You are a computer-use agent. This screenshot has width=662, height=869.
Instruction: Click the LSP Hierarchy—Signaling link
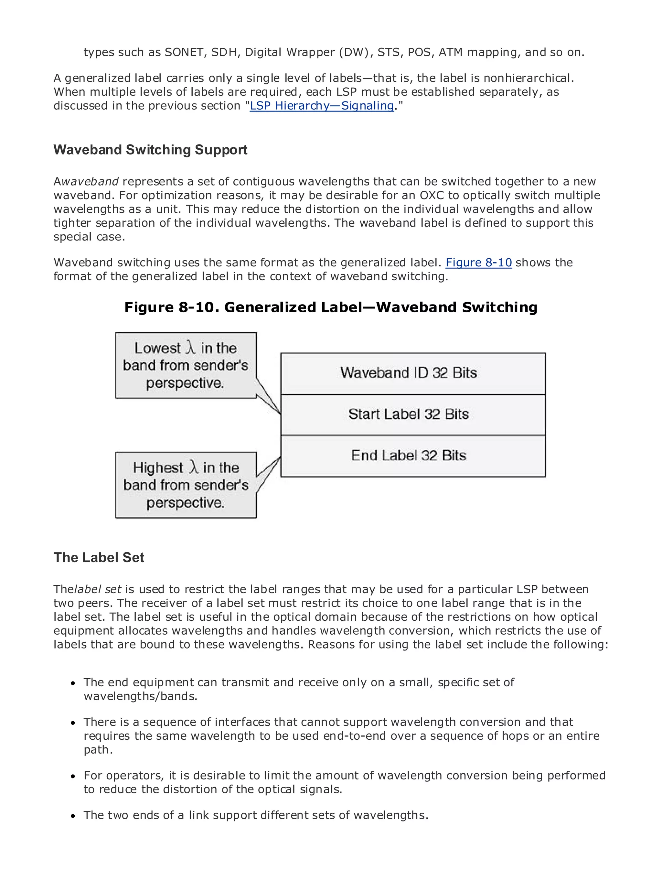tap(322, 106)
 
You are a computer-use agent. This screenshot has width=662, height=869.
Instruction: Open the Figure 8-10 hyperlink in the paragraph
tap(478, 263)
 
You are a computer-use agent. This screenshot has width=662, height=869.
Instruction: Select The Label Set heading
tap(99, 557)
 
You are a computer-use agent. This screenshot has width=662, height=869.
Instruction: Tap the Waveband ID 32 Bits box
tap(412, 373)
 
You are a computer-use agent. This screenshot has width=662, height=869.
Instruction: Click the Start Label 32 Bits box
tap(412, 414)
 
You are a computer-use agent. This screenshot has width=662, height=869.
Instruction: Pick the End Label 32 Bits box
tap(412, 456)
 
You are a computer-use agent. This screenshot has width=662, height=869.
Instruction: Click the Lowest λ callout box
tap(186, 365)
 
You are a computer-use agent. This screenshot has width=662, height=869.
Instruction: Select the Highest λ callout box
tap(186, 485)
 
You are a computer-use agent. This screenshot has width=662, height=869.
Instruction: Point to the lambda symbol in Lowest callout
tap(191, 348)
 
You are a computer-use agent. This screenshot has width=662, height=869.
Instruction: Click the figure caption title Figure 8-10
tap(331, 307)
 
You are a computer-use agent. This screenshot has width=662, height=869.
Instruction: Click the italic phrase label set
tap(98, 589)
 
